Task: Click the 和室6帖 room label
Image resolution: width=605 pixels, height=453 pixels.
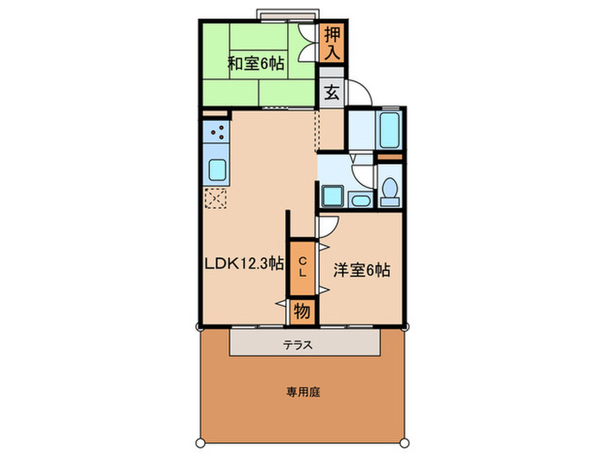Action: tap(257, 63)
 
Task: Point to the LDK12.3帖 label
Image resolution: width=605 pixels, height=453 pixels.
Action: tap(244, 264)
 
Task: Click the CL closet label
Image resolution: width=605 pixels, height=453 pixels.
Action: tap(302, 266)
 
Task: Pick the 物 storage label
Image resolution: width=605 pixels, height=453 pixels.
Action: tap(302, 310)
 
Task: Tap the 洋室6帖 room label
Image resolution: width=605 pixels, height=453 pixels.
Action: tap(362, 270)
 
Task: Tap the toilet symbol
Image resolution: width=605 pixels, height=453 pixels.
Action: tap(390, 190)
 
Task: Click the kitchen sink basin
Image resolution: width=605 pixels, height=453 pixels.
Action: tap(217, 169)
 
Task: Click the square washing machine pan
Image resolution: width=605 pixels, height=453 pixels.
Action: tap(331, 194)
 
